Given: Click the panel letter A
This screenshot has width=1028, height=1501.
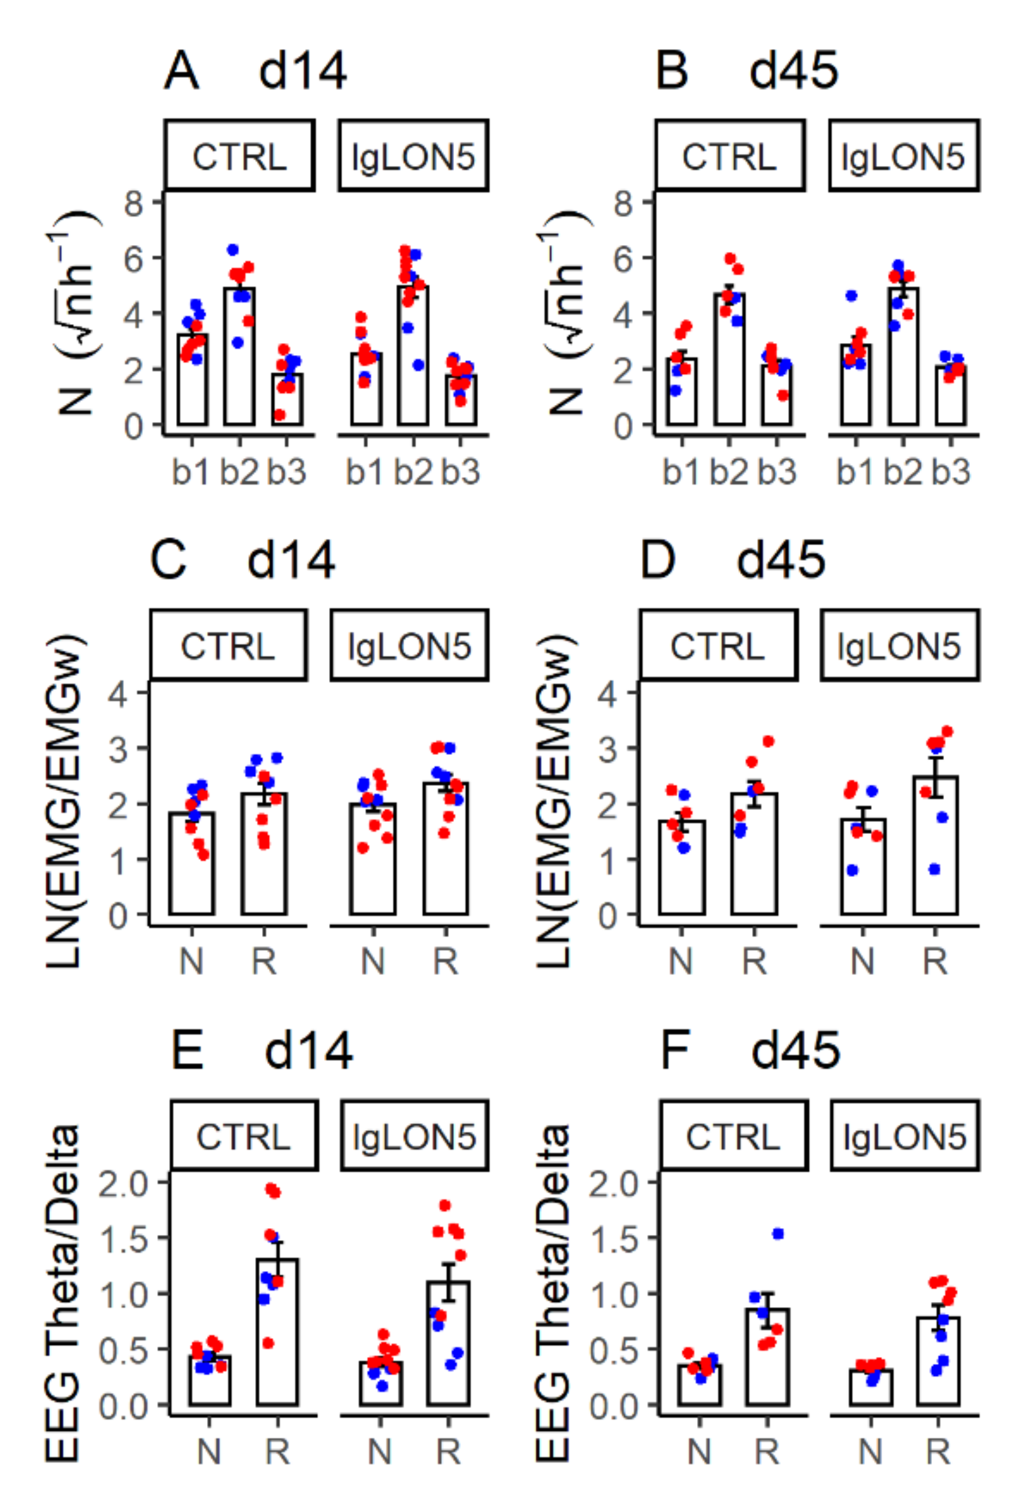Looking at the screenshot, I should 180,70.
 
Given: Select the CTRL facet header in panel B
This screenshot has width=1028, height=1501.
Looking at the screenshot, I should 729,155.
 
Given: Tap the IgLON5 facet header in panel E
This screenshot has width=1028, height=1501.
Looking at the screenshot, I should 414,1136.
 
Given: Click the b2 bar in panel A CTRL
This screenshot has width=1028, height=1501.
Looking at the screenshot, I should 239,362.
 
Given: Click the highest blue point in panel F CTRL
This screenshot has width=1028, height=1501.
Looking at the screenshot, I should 778,1234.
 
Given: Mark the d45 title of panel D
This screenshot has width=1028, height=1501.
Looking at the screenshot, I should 780,560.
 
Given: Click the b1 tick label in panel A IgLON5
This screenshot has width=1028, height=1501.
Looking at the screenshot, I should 365,472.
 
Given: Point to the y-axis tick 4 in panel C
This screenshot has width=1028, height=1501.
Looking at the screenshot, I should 118,693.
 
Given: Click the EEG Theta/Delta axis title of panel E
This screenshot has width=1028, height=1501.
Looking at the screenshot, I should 63,1292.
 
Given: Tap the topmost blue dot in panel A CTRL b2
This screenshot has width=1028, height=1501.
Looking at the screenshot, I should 233,250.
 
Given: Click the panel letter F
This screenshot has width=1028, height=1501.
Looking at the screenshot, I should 675,1050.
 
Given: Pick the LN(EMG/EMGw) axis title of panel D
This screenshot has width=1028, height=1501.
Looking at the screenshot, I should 553,801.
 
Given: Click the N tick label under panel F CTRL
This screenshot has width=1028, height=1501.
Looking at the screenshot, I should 699,1451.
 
